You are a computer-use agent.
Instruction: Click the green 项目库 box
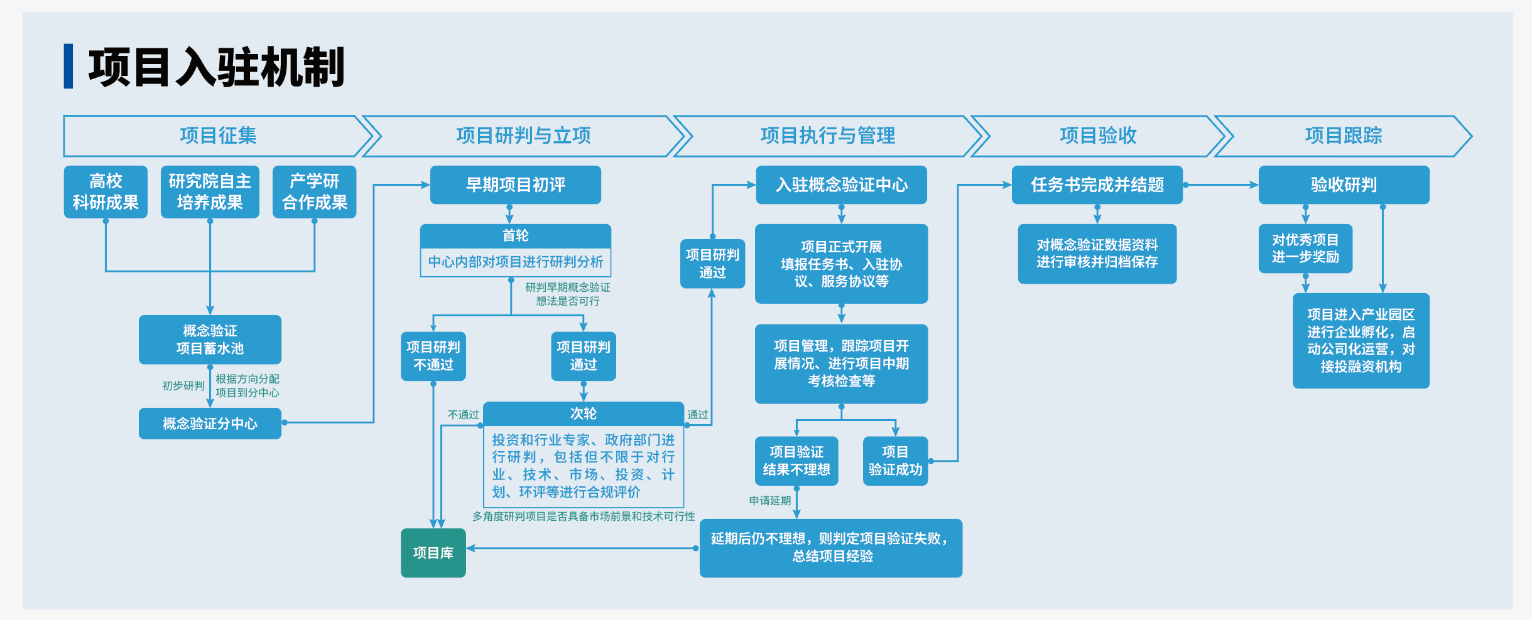[x=433, y=553]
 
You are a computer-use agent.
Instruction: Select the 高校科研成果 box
[x=106, y=192]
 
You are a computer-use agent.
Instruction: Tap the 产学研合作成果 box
[x=314, y=192]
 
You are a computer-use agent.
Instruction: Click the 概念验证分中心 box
[x=210, y=424]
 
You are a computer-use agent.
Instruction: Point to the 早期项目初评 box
[x=515, y=185]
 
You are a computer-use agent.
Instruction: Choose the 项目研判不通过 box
[x=433, y=356]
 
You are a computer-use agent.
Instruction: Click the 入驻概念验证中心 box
[x=841, y=185]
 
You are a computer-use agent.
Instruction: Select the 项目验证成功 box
[x=895, y=461]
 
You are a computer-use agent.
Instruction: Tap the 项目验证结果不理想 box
[x=796, y=461]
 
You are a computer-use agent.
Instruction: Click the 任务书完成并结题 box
[x=1097, y=185]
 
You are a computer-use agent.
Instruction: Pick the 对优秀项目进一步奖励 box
[x=1305, y=249]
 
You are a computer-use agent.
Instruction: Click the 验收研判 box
[x=1344, y=185]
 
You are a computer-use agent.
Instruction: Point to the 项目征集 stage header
[x=218, y=136]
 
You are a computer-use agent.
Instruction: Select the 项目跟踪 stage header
[x=1343, y=136]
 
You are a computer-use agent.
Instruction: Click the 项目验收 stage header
[x=1097, y=136]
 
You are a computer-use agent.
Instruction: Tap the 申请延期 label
[x=769, y=501]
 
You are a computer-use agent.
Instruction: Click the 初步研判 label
[x=183, y=386]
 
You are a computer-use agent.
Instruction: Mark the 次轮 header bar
[x=583, y=414]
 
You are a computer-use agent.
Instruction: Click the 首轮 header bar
[x=515, y=236]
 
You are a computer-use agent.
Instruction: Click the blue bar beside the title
[x=68, y=66]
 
